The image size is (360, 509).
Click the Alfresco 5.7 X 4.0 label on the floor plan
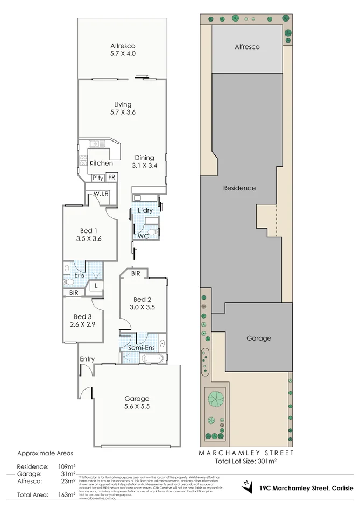[x=123, y=50]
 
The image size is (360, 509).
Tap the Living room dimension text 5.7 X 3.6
[x=123, y=112]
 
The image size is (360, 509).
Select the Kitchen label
[x=101, y=163]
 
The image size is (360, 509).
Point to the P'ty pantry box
[x=97, y=178]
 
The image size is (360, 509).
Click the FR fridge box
[x=111, y=178]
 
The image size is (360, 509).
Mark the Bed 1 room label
[x=89, y=231]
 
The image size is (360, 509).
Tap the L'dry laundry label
[x=145, y=210]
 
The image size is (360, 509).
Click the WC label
[x=143, y=236]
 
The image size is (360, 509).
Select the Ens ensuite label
[x=79, y=275]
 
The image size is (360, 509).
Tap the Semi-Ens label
[x=141, y=348]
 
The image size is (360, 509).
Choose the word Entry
[x=87, y=359]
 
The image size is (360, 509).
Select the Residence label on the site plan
[x=239, y=188]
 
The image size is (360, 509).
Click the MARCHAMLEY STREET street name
[x=246, y=453]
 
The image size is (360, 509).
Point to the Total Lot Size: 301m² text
[x=246, y=461]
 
